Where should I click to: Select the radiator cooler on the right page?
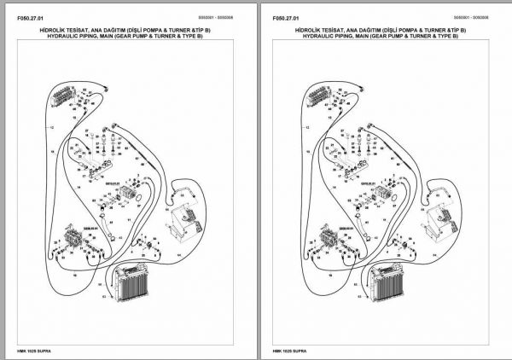coord(387,285)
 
